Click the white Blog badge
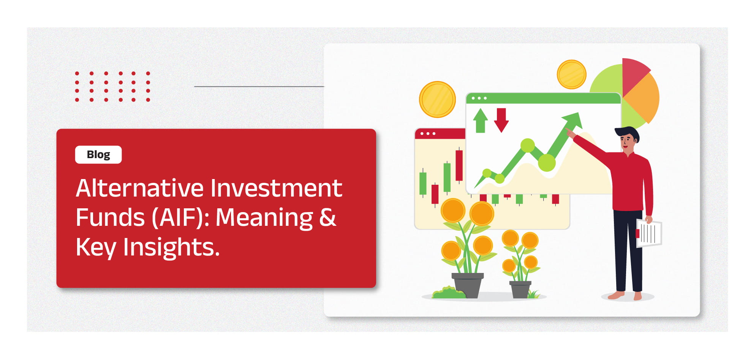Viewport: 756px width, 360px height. click(x=98, y=155)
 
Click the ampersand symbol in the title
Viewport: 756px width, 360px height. click(x=327, y=217)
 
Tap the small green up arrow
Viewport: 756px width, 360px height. click(x=481, y=121)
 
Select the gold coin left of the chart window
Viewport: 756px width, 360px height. click(x=437, y=100)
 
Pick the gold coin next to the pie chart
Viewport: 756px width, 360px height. click(x=571, y=75)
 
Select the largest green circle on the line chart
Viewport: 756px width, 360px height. click(x=547, y=163)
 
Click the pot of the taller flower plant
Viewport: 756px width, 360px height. click(x=468, y=285)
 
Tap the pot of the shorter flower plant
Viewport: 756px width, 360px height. click(x=520, y=289)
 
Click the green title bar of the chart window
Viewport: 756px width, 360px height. click(x=543, y=98)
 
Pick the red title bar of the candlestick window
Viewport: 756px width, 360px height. click(x=440, y=133)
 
